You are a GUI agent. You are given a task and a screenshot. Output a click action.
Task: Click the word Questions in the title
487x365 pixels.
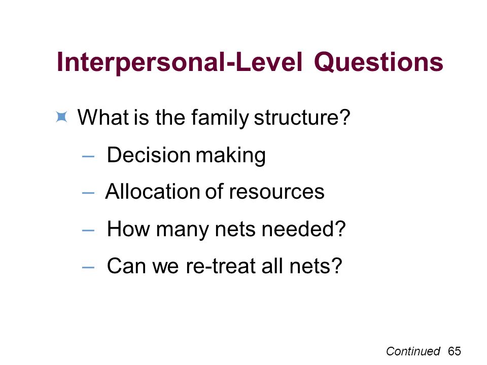point(378,62)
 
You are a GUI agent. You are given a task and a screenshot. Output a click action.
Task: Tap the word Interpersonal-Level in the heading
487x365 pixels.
point(180,62)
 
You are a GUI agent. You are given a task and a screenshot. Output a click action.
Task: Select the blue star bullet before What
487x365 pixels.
point(61,117)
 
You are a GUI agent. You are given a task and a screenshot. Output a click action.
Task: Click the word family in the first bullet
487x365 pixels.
point(220,118)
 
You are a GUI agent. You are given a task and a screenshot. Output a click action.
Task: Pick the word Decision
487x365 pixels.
point(149,155)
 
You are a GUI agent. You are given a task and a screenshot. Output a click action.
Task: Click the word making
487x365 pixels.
point(231,156)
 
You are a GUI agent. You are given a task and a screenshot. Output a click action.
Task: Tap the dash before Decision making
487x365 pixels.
point(88,156)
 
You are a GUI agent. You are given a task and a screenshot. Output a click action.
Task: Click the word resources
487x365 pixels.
point(277,192)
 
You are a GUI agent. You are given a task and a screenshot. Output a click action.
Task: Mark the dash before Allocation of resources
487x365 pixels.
point(88,193)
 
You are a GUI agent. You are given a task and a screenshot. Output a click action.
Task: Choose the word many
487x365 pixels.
point(183,230)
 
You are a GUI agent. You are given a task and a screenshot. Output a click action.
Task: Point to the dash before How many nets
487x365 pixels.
point(88,230)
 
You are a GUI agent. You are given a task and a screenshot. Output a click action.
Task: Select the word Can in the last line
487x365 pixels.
point(127,266)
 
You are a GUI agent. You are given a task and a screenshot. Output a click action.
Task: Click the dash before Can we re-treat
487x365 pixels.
point(88,267)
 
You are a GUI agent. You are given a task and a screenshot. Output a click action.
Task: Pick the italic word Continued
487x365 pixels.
point(413,351)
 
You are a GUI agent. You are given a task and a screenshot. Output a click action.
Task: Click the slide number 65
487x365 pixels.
point(455,351)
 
